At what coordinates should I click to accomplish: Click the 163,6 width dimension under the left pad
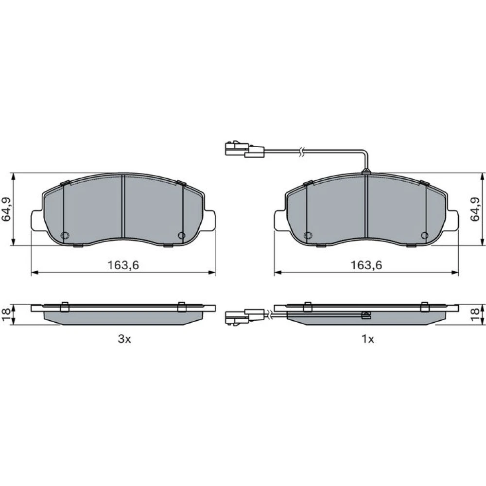click(x=123, y=265)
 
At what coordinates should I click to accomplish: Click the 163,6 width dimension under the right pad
click(x=366, y=265)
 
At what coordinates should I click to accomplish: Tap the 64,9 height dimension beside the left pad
click(x=6, y=209)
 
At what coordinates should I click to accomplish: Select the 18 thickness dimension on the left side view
click(x=6, y=314)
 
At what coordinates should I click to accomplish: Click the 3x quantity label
click(x=124, y=339)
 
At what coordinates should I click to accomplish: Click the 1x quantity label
click(x=368, y=339)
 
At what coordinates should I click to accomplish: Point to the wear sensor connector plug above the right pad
click(x=245, y=149)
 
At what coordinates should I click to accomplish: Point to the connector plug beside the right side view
click(x=245, y=317)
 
